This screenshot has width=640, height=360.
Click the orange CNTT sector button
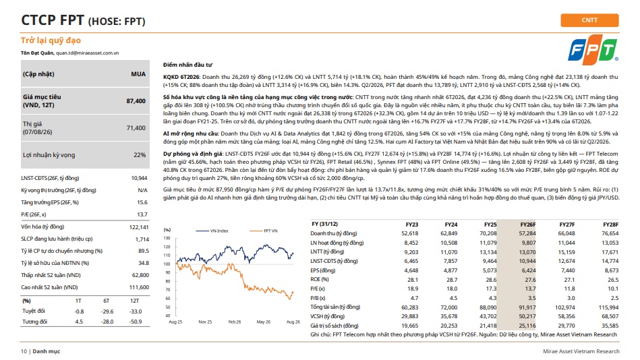tap(589, 20)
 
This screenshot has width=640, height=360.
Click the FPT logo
tap(593, 50)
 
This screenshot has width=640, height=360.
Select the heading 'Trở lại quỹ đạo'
tap(51, 40)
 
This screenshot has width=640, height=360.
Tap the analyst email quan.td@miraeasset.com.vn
tap(88, 53)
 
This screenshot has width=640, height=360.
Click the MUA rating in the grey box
tap(138, 74)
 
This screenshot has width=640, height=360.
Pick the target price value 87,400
tap(136, 101)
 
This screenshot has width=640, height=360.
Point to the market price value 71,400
tap(136, 128)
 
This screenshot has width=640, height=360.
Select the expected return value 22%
tap(140, 155)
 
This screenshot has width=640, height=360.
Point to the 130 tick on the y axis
tap(167, 239)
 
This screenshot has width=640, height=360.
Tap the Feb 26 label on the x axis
tap(234, 322)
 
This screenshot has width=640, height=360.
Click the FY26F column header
tap(528, 224)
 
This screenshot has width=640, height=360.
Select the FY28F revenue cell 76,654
tap(610, 233)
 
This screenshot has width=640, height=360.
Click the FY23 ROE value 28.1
tap(413, 280)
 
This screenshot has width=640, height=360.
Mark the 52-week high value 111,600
tap(139, 287)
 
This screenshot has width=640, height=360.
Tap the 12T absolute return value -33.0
tap(136, 311)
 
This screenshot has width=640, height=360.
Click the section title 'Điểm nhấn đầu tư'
tap(187, 65)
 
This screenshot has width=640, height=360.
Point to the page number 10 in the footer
tap(24, 351)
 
